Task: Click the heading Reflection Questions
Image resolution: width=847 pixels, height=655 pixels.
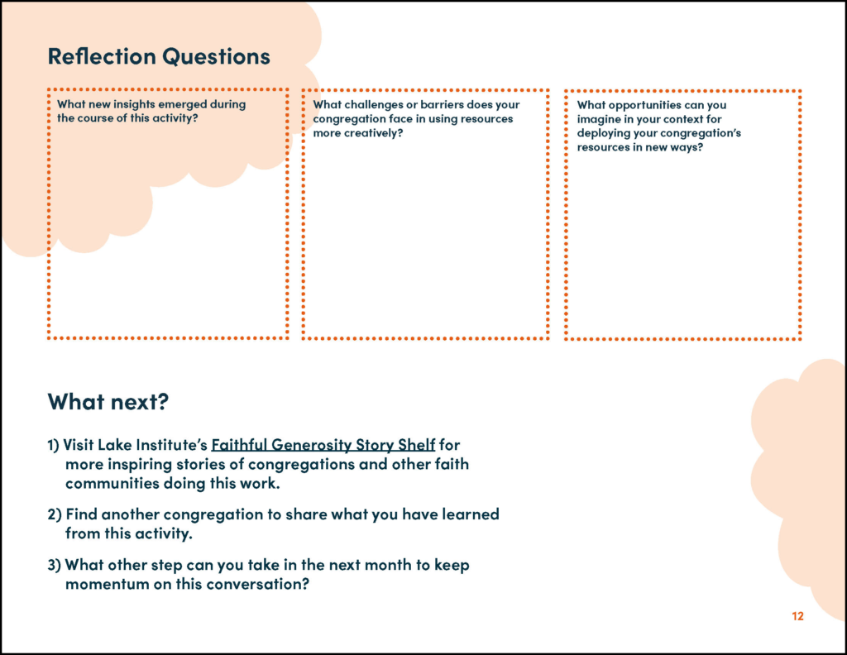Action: [x=159, y=56]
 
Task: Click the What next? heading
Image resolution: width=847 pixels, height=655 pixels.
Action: [x=108, y=401]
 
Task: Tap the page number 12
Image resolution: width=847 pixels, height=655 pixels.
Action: [x=797, y=616]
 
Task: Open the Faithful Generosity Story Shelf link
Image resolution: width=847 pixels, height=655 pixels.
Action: [x=323, y=445]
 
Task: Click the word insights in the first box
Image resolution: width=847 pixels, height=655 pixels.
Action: [x=132, y=104]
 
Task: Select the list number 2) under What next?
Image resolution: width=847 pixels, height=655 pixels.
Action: [x=55, y=514]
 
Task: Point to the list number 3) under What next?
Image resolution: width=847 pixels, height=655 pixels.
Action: [x=55, y=565]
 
